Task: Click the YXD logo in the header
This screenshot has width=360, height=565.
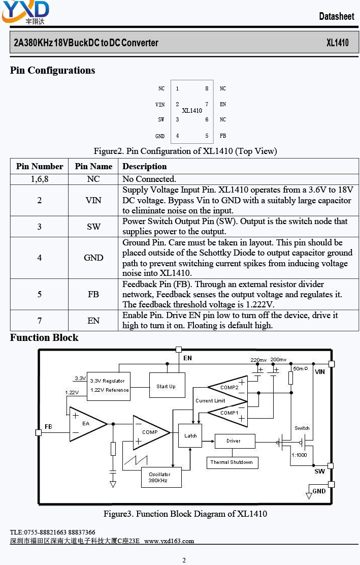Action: click(x=25, y=12)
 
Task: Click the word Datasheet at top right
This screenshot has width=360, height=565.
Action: click(x=337, y=16)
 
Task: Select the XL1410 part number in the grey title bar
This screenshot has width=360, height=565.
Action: click(x=337, y=43)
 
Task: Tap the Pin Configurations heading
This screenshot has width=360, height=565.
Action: click(x=53, y=70)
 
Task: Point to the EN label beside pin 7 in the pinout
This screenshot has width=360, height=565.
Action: click(x=223, y=104)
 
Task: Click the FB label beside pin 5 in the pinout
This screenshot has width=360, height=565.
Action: click(x=223, y=136)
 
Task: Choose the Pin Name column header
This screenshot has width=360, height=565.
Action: click(x=93, y=166)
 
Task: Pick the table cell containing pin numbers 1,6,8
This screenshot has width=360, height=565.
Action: click(x=40, y=179)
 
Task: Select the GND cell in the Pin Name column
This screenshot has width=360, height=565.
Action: click(x=93, y=258)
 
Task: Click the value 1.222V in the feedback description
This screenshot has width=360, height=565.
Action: click(x=259, y=304)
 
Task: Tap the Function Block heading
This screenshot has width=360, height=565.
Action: click(x=44, y=338)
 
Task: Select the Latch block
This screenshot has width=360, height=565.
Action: click(x=190, y=435)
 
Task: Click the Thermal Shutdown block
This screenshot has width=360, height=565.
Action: click(x=232, y=463)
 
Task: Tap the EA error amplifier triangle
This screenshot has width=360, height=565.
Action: click(x=86, y=424)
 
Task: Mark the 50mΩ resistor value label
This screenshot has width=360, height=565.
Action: click(x=300, y=368)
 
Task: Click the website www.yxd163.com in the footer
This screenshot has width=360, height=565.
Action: click(x=169, y=541)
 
